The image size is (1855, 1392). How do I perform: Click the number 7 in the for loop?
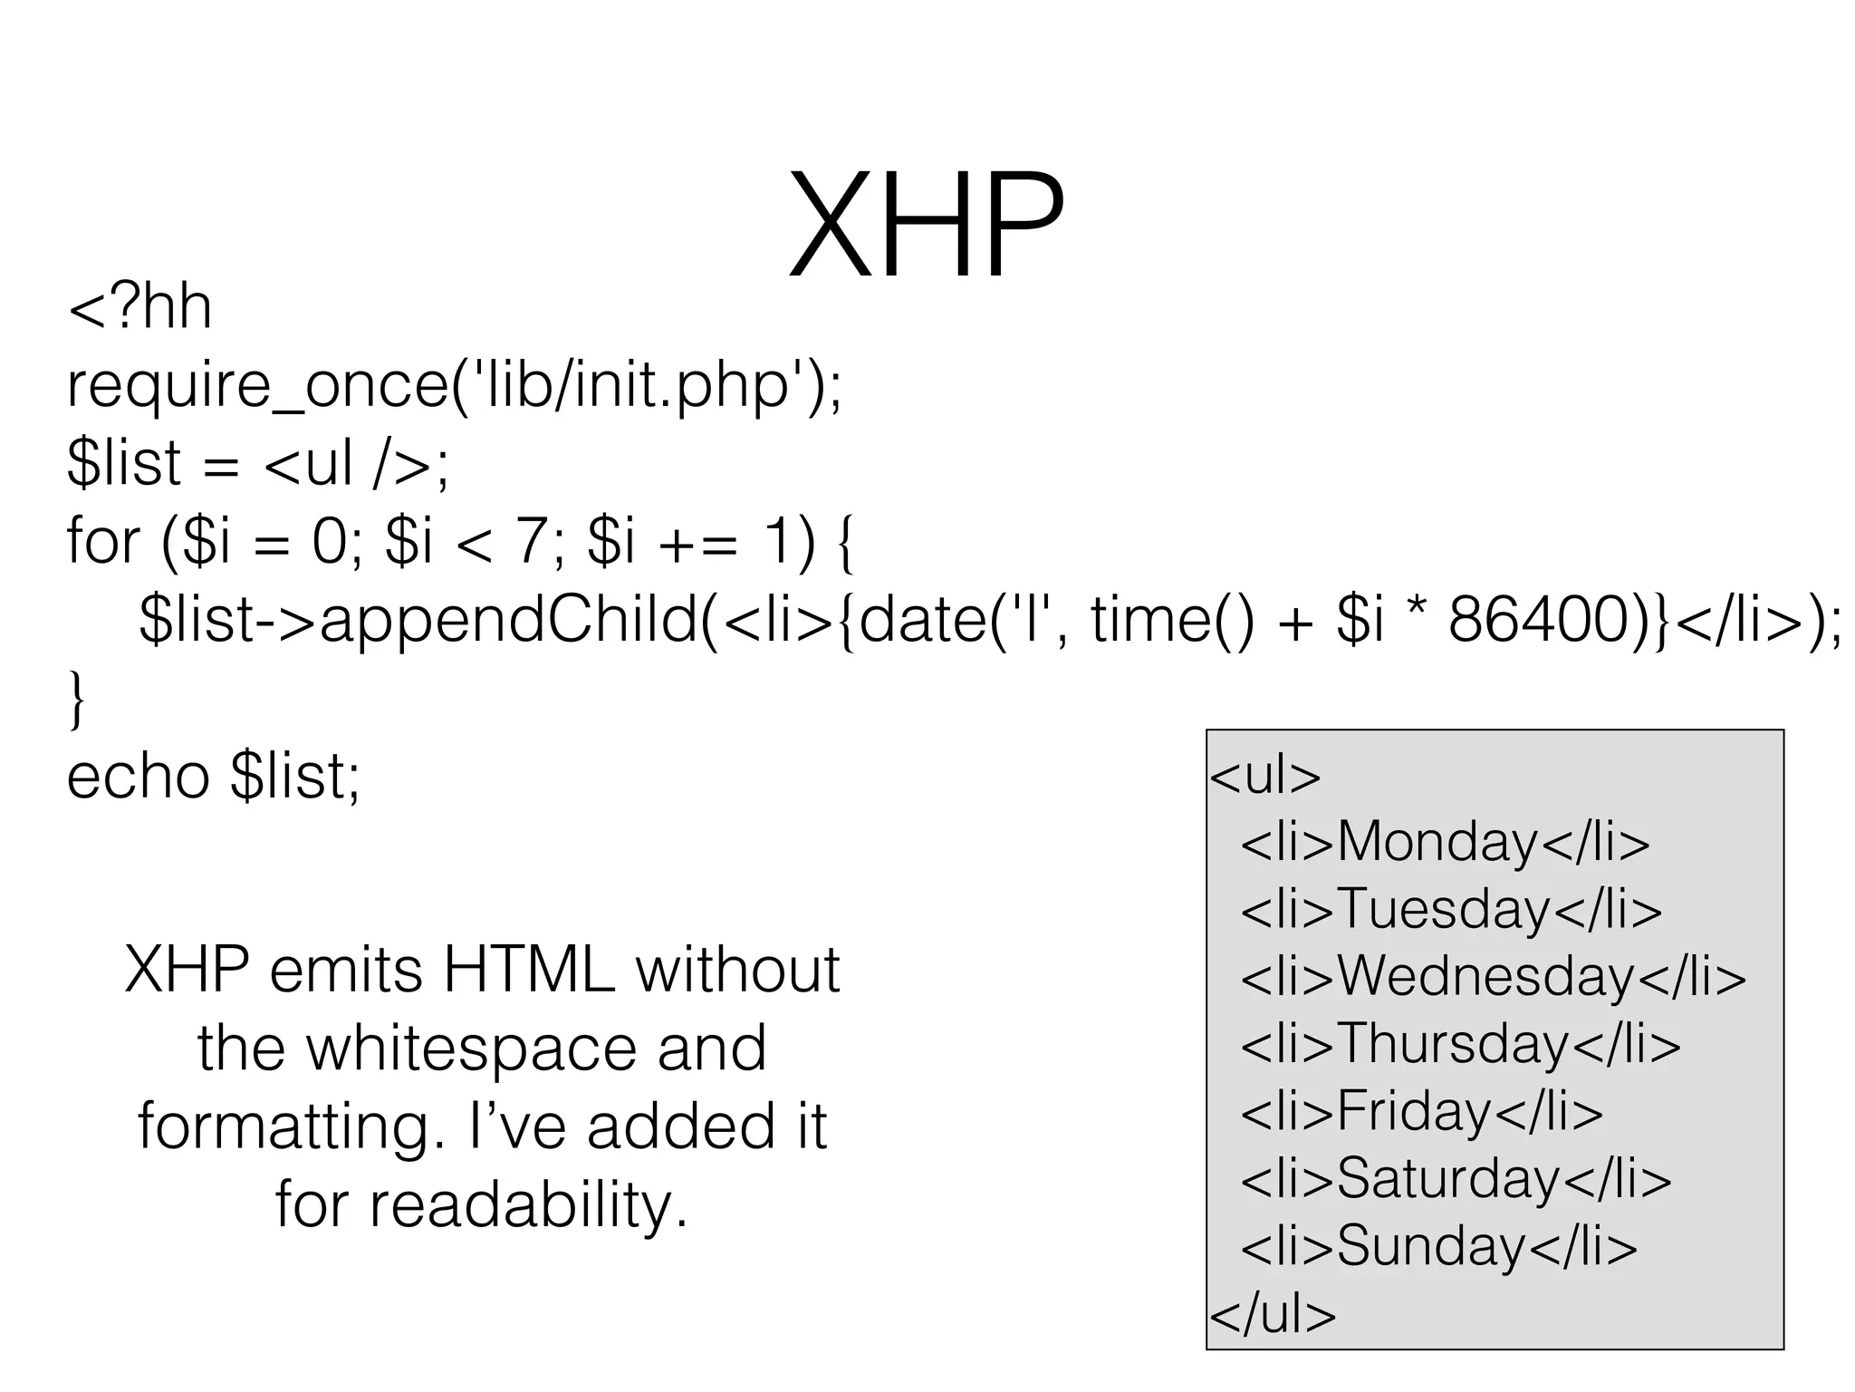(x=529, y=542)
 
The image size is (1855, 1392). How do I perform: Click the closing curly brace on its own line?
(x=77, y=699)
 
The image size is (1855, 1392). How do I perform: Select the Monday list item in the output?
(x=1445, y=842)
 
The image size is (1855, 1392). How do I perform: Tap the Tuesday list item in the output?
(x=1451, y=909)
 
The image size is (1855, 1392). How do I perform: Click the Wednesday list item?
(x=1493, y=977)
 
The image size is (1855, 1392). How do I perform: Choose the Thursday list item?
(x=1460, y=1044)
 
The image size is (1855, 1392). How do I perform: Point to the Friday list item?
(x=1421, y=1111)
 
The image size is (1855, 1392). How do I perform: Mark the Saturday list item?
(x=1456, y=1179)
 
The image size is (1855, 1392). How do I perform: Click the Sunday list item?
(x=1438, y=1246)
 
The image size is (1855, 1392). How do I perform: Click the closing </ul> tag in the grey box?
(x=1273, y=1314)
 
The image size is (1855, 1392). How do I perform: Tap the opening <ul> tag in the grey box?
(x=1265, y=776)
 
